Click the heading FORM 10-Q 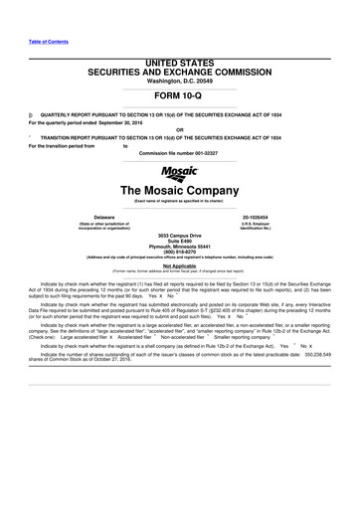179,97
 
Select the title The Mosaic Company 179,190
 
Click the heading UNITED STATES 179,63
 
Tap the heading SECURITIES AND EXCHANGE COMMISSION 179,72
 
